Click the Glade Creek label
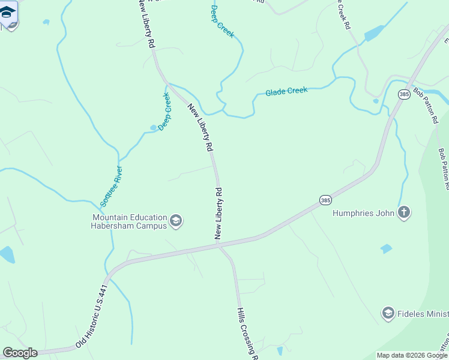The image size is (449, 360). pyautogui.click(x=286, y=91)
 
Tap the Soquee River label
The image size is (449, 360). pyautogui.click(x=111, y=186)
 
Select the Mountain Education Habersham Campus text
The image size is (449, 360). pyautogui.click(x=128, y=221)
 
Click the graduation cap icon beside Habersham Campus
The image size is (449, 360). pyautogui.click(x=176, y=222)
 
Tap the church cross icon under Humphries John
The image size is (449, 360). pyautogui.click(x=405, y=212)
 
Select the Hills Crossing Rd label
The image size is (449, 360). pyautogui.click(x=247, y=334)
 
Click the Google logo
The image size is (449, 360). pyautogui.click(x=20, y=353)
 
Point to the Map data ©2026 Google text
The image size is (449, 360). pyautogui.click(x=412, y=355)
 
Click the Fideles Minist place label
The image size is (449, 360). pyautogui.click(x=423, y=314)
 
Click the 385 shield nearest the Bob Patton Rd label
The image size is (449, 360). pyautogui.click(x=403, y=94)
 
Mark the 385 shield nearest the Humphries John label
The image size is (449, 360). pyautogui.click(x=325, y=200)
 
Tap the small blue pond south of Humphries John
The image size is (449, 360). pyautogui.click(x=386, y=248)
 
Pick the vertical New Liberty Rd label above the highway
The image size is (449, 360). pyautogui.click(x=219, y=214)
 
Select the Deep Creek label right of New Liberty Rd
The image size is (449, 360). pyautogui.click(x=222, y=21)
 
